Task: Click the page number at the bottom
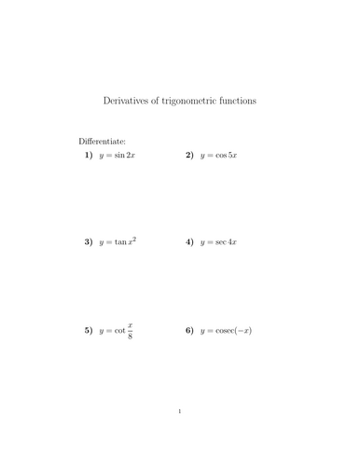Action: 180,411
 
